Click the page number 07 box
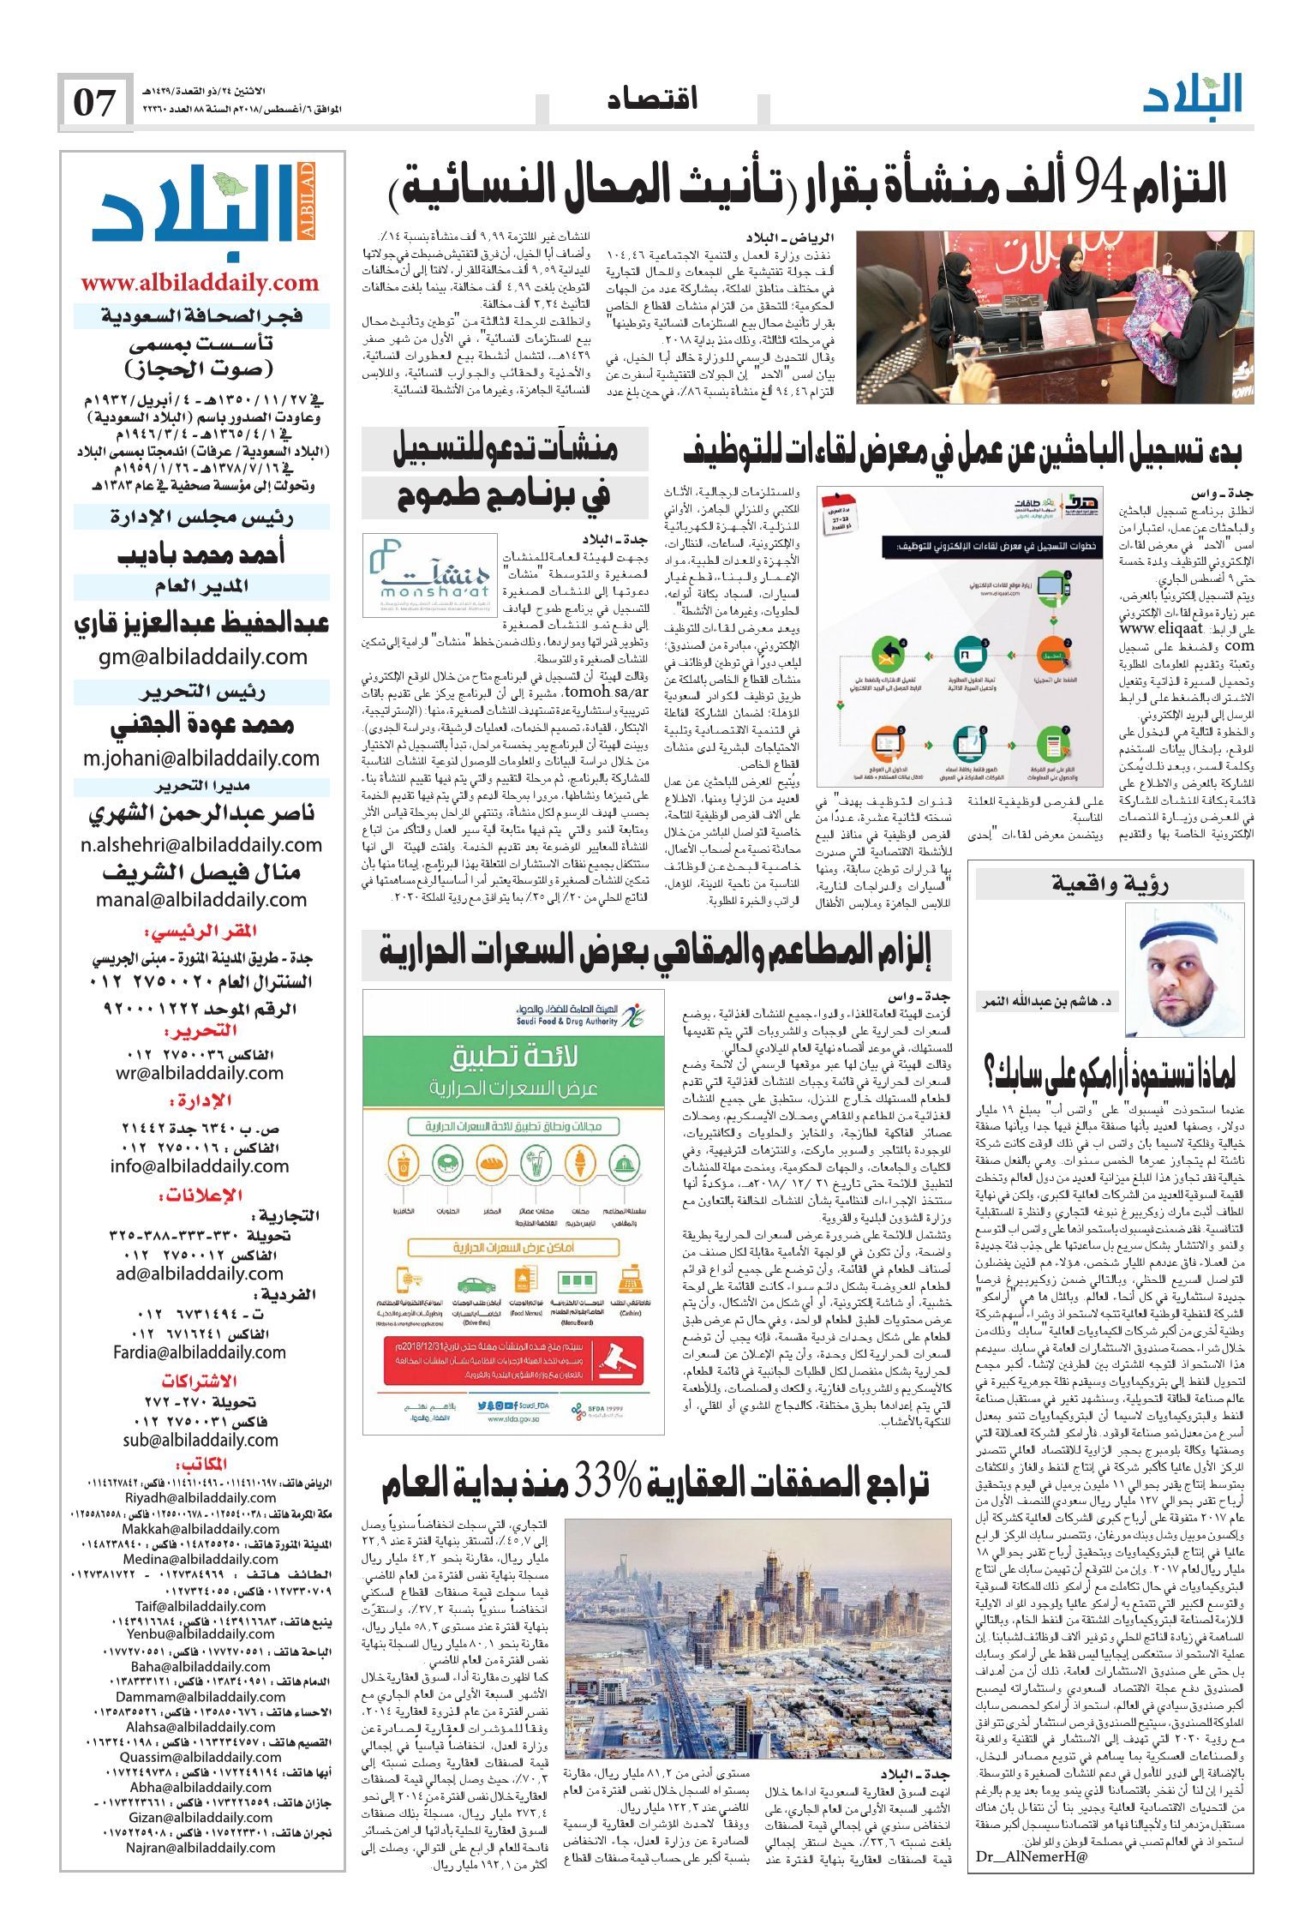[94, 103]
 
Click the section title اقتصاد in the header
[652, 99]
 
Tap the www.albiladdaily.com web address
[200, 283]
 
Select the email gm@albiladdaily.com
[201, 657]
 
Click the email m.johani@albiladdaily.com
[201, 758]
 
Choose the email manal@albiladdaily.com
[201, 900]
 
